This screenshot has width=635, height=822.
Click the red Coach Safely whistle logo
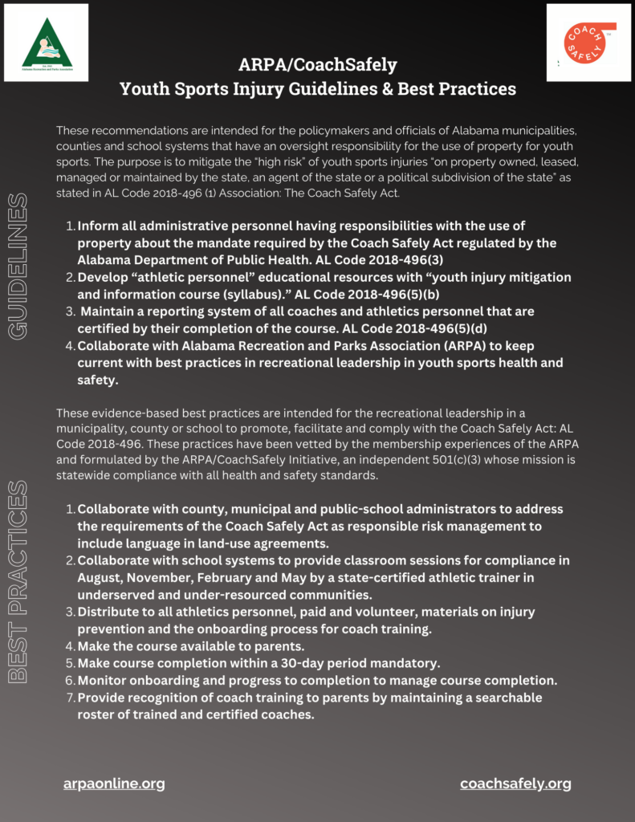589,43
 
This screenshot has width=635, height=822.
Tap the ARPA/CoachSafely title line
317,64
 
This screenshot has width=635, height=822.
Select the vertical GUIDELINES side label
18,266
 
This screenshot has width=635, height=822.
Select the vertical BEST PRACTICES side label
18,582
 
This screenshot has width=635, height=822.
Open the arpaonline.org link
114,783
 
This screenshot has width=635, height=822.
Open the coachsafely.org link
515,783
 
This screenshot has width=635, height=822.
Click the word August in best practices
102,577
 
